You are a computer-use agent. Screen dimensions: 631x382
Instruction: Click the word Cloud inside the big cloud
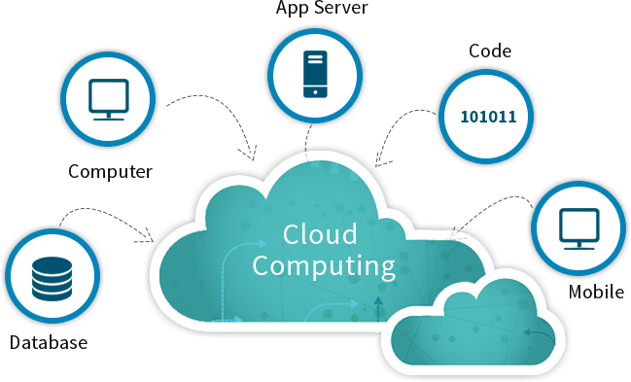(320, 235)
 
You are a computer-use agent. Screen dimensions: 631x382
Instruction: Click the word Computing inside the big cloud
(324, 265)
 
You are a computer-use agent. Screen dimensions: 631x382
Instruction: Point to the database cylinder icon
(52, 279)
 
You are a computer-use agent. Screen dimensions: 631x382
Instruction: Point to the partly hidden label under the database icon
(49, 342)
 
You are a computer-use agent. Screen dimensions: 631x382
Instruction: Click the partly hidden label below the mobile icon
(596, 292)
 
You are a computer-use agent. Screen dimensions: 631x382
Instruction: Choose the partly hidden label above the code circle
(489, 50)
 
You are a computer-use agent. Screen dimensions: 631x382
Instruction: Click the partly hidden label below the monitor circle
(109, 173)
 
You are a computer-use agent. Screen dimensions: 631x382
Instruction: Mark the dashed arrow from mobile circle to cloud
(496, 206)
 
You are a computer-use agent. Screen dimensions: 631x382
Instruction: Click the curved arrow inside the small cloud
(534, 333)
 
